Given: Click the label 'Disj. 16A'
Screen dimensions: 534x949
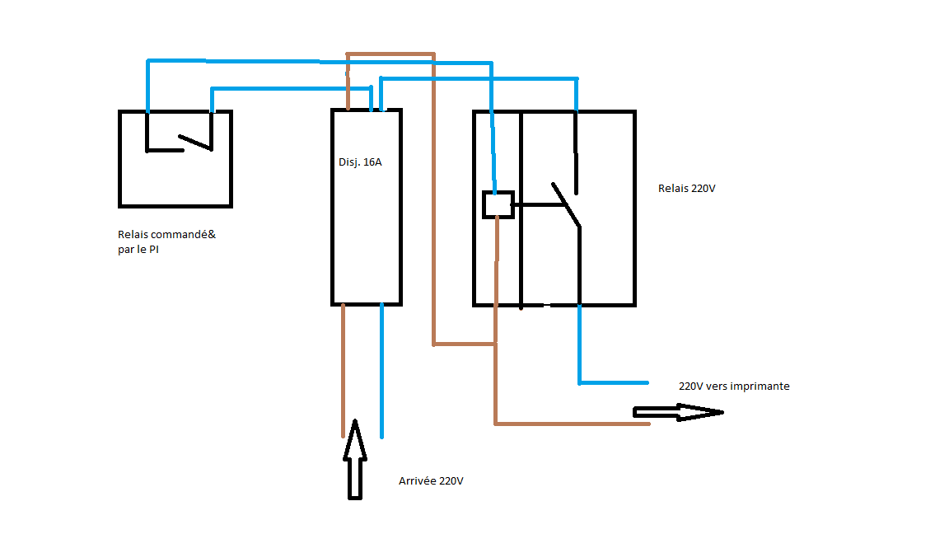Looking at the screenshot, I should coord(360,162).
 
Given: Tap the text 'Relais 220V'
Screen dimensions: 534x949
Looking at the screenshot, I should coord(687,189).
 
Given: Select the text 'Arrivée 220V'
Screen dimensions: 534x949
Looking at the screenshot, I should coord(431,481).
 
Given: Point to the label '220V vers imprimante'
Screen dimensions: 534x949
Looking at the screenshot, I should coord(734,386).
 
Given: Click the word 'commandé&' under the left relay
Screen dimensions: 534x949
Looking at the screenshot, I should coord(188,235).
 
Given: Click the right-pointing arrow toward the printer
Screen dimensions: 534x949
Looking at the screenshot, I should coord(676,412).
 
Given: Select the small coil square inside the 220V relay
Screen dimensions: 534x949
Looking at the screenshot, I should coord(498,204).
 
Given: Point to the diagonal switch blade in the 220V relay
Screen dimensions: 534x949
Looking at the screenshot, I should coord(567,205).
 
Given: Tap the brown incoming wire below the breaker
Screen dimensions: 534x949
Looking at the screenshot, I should coord(343,371).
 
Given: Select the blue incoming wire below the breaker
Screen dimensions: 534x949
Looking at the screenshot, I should coord(381,371).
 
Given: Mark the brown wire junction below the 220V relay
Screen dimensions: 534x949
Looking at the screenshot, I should coord(495,344).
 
